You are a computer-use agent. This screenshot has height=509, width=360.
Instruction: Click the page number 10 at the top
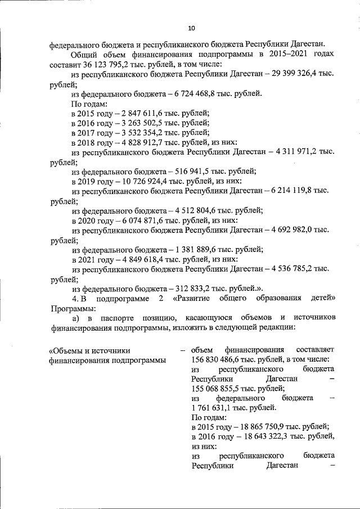click(191, 28)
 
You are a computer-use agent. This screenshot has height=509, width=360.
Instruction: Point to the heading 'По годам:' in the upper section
click(89, 103)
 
